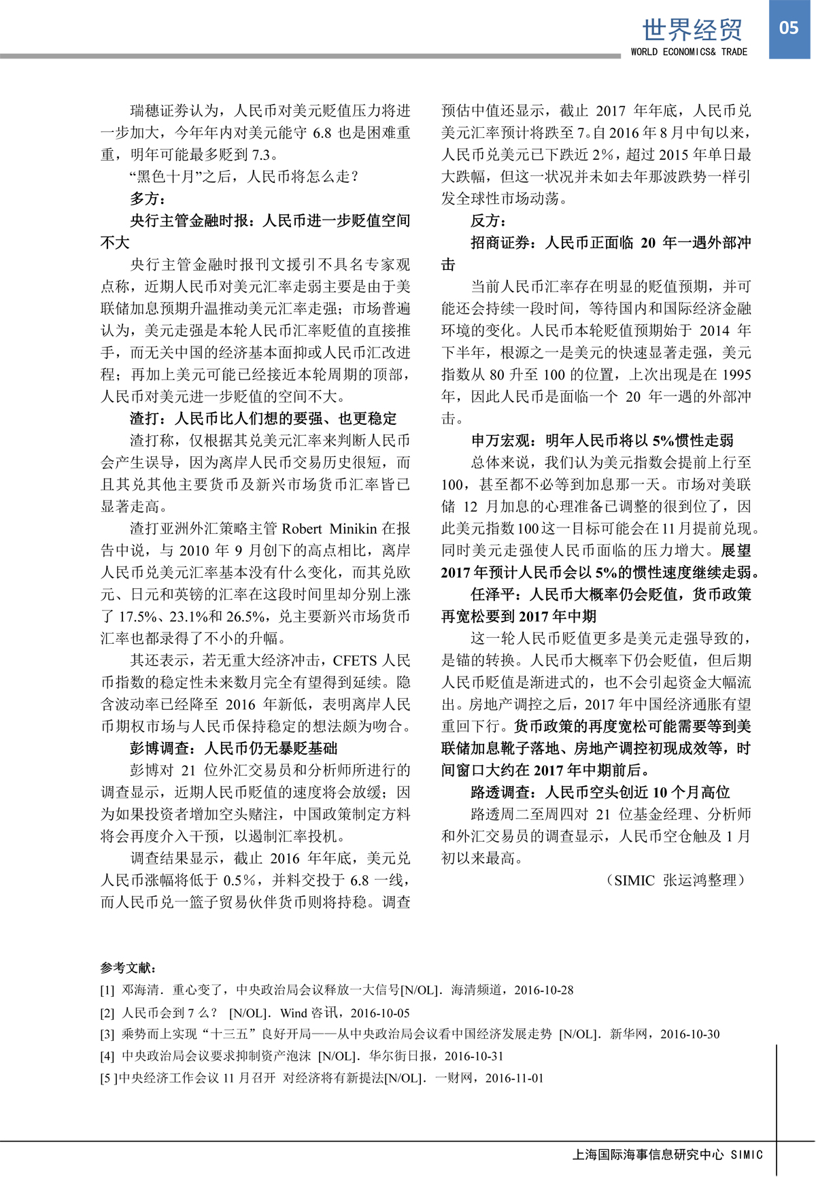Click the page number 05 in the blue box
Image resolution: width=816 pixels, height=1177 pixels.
pos(789,28)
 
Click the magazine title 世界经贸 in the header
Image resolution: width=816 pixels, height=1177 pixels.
pos(692,29)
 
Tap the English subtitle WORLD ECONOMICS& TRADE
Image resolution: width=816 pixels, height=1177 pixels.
pos(688,52)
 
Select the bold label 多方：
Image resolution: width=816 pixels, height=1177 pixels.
pos(148,199)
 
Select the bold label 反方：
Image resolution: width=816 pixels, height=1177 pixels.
pos(488,220)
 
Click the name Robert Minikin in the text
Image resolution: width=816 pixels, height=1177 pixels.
pos(328,528)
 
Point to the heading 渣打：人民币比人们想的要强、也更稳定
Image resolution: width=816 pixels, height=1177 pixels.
pos(263,418)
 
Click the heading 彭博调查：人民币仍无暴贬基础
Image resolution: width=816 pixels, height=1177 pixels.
pos(233,748)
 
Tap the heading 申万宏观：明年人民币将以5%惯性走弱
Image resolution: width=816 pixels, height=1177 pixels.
pos(602,440)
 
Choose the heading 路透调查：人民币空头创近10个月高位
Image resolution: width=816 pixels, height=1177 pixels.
pos(600,792)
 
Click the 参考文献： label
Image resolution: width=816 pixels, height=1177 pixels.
pos(129,968)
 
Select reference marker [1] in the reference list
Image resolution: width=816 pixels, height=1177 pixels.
pos(107,990)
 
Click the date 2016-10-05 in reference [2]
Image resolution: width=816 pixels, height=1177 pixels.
pos(380,1012)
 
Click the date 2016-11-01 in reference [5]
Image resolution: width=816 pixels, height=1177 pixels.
pos(514,1078)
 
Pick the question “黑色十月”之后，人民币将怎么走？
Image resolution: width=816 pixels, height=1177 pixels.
pos(243,176)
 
